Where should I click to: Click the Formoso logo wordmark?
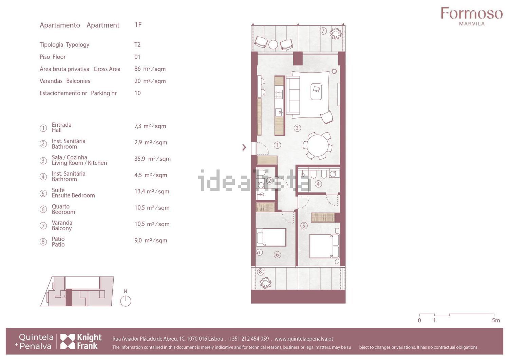coord(472,13)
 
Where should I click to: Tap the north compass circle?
coord(126,301)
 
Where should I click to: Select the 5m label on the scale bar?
coord(496,320)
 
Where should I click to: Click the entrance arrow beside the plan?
coord(244,147)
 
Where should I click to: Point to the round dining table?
coord(317,145)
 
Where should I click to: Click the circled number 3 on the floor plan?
coord(297,128)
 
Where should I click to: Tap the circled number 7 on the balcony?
coord(323,31)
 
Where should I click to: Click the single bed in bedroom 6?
coord(271,237)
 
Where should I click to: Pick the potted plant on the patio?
coord(265,283)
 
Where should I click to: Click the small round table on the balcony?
coord(273,44)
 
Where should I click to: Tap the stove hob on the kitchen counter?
coord(279,94)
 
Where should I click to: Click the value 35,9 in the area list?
coord(139,159)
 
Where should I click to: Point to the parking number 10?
coord(137,93)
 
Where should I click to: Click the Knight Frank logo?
coord(81,341)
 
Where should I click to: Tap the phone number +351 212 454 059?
coord(249,339)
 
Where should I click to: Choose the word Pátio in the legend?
coord(58,239)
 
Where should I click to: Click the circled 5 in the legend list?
coord(43,194)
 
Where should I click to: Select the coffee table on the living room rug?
coord(316,91)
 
